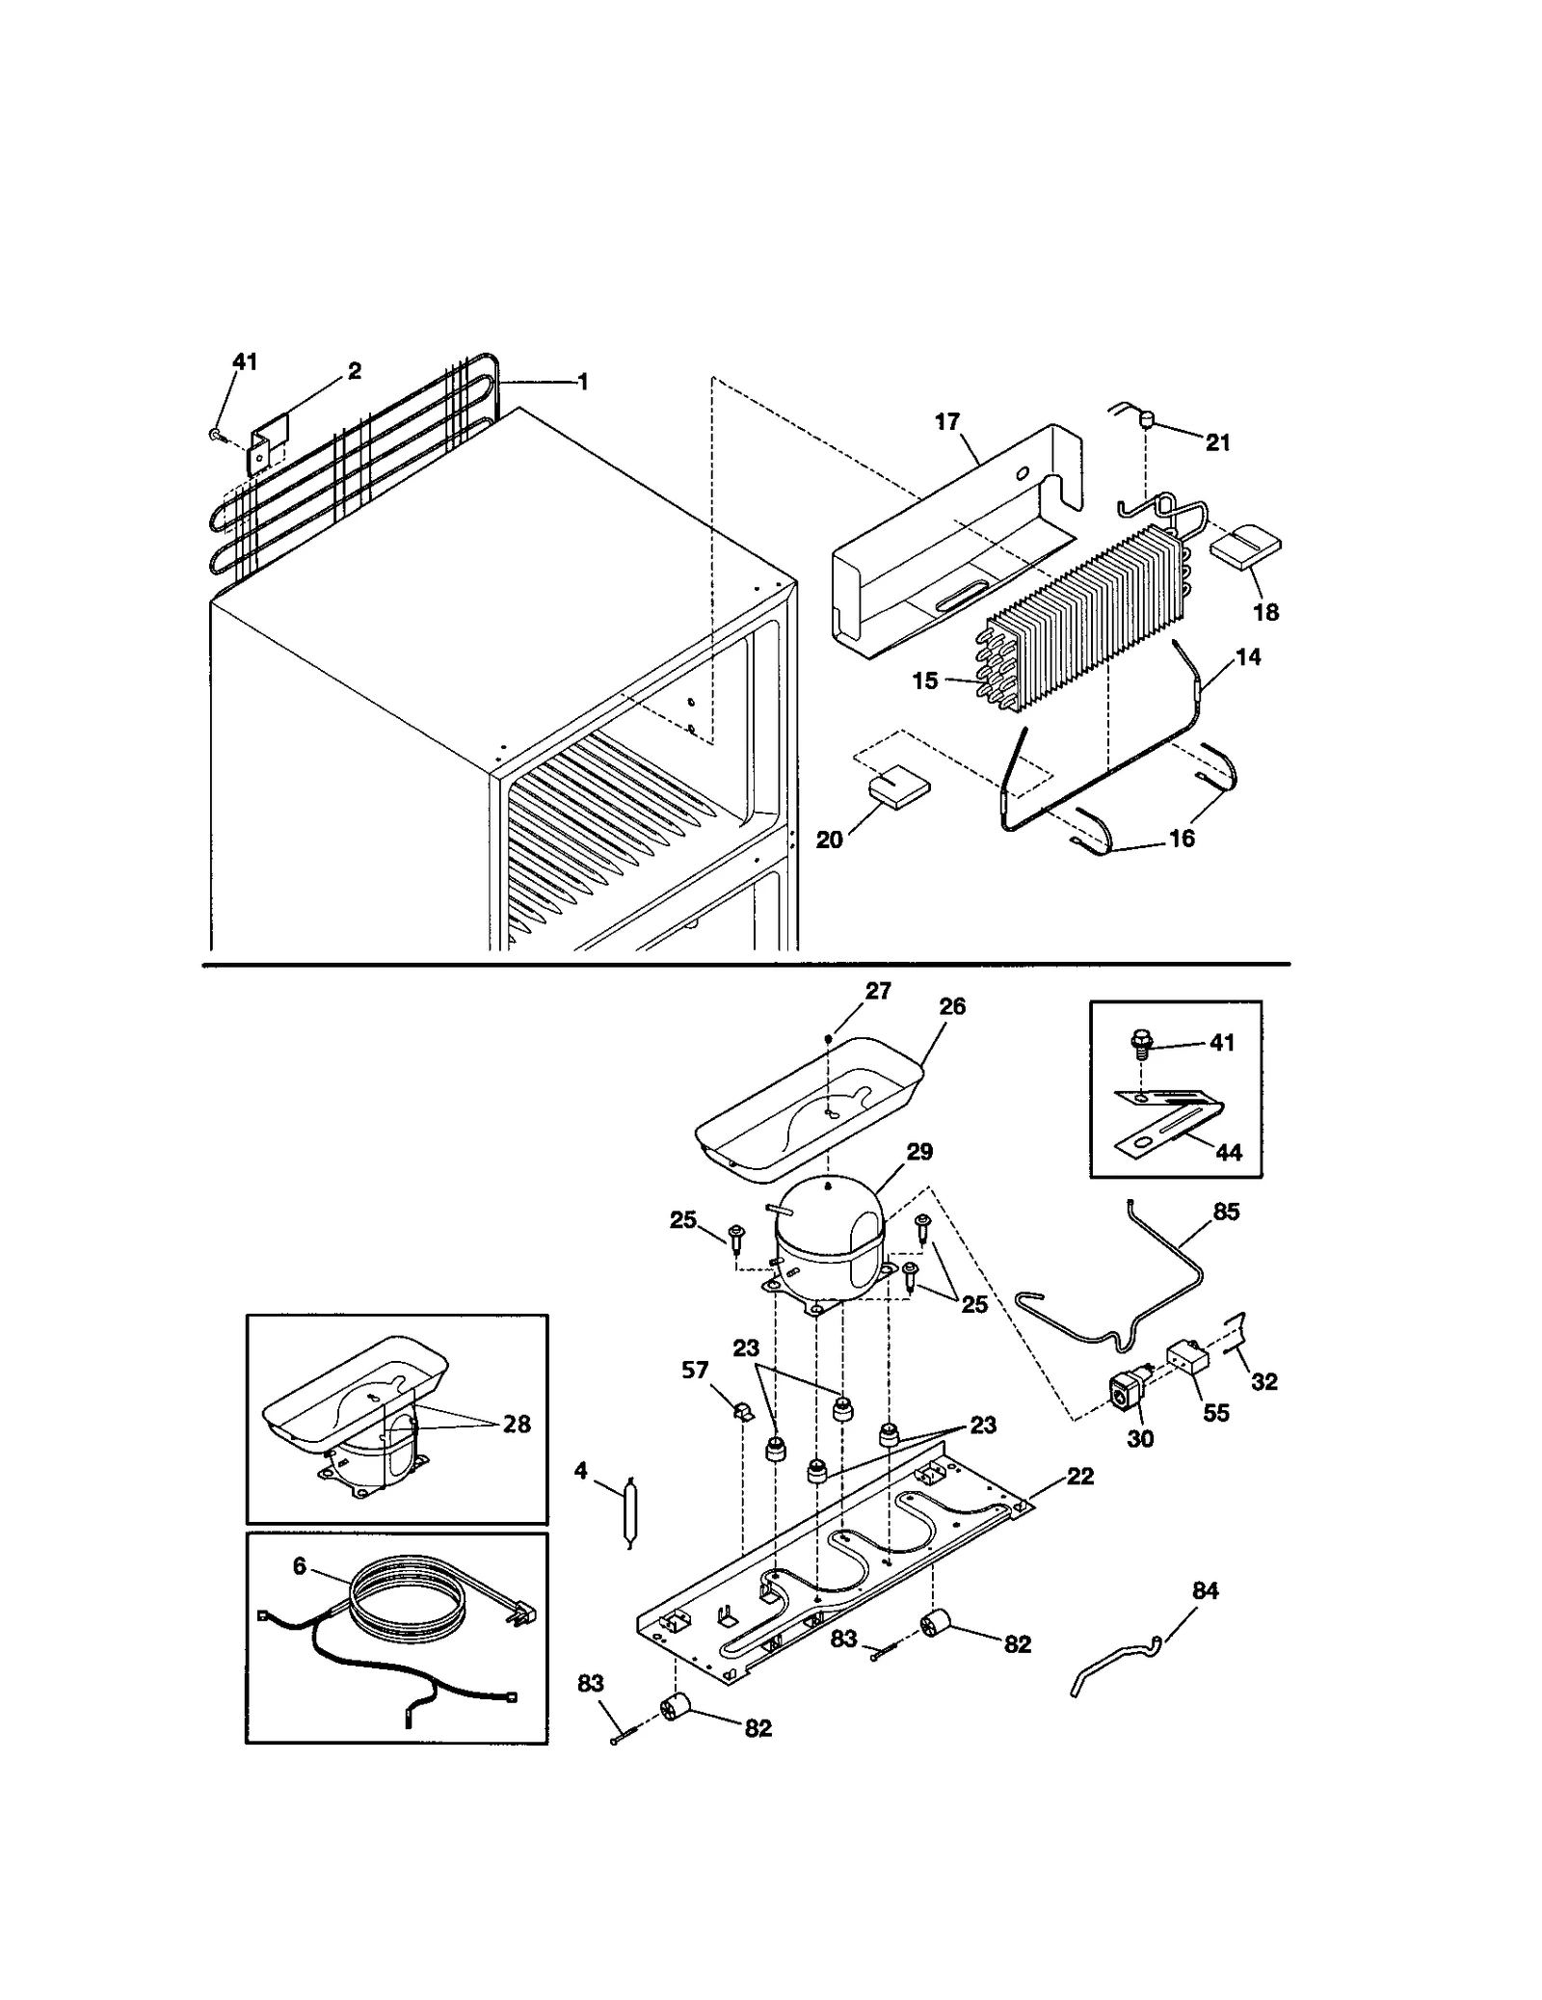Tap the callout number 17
click(946, 422)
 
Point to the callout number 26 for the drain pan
click(951, 1006)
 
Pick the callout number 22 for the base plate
click(1079, 1477)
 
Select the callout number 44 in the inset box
click(1229, 1152)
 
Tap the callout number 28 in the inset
click(517, 1424)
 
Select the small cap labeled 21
click(1147, 418)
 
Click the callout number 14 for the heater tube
click(1247, 657)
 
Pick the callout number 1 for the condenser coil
click(582, 382)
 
